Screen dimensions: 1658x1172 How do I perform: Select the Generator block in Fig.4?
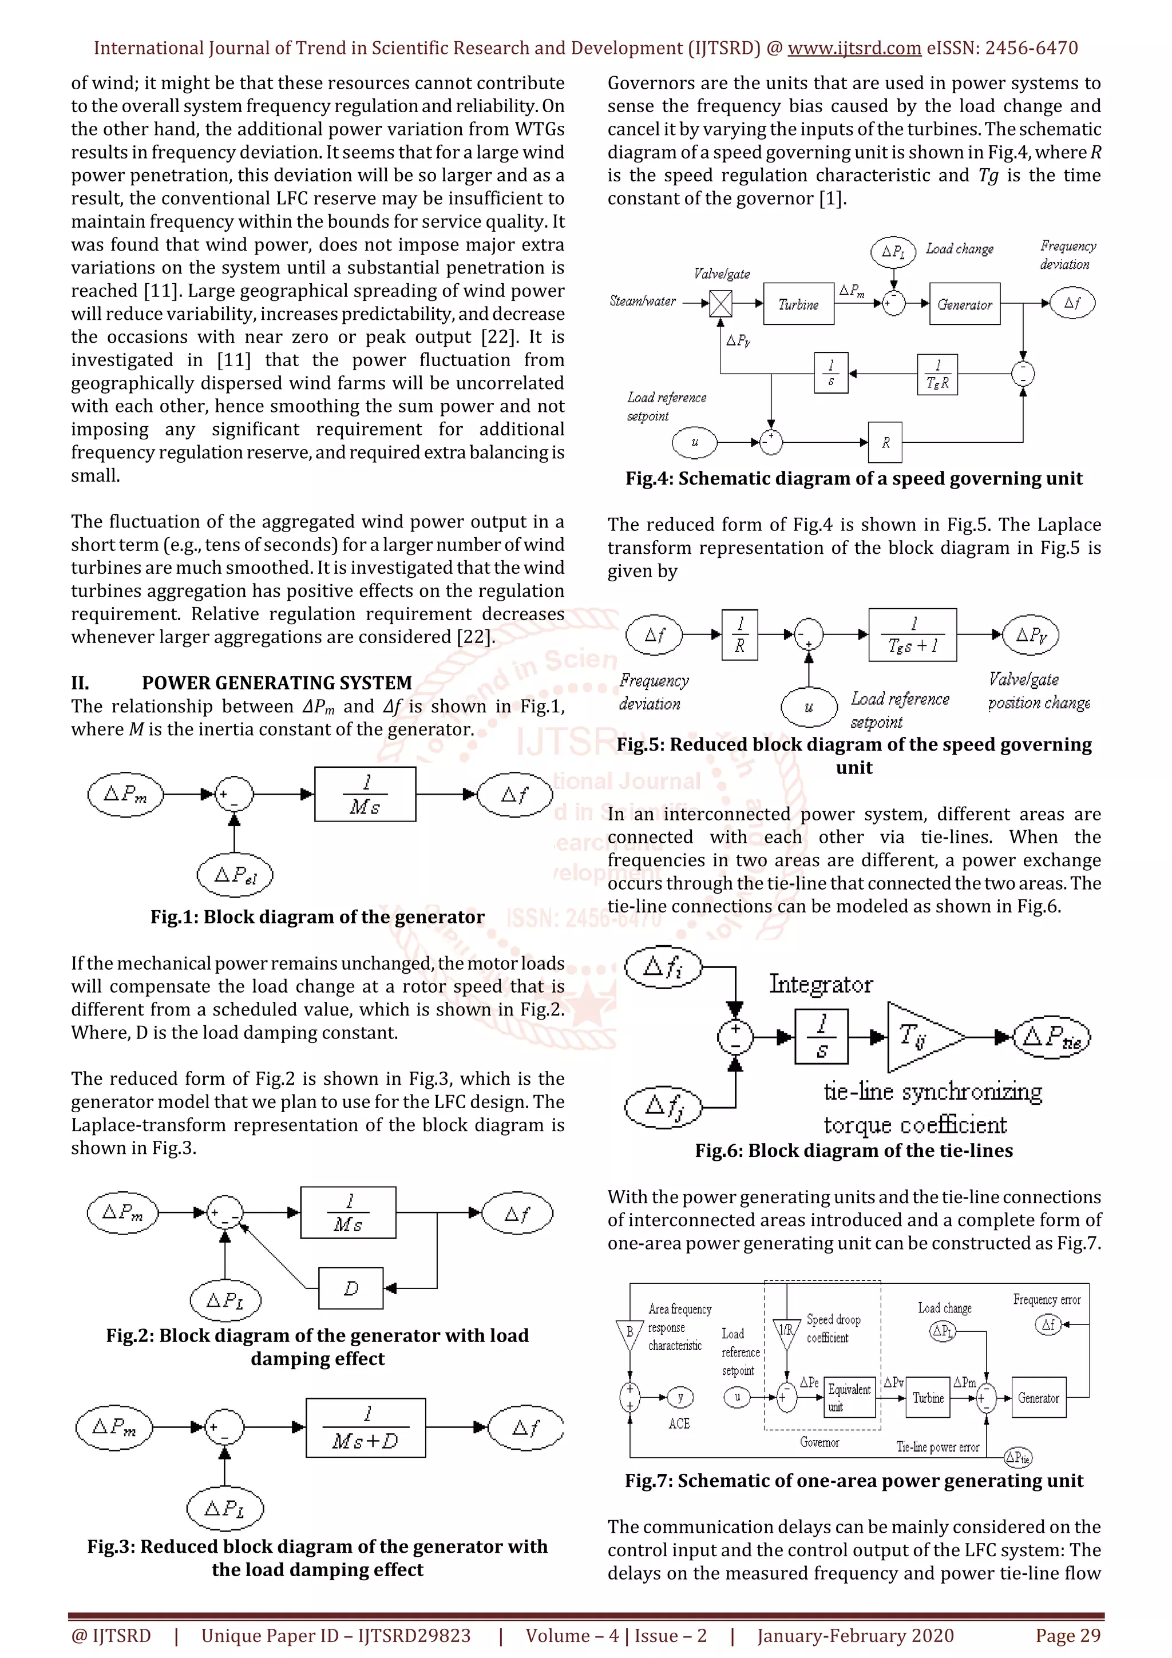965,304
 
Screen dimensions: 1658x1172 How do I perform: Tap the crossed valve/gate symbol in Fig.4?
720,303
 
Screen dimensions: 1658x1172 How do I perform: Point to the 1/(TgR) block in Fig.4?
937,374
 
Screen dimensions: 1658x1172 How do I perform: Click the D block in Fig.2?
351,1287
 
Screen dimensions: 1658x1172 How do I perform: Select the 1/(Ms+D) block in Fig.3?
366,1427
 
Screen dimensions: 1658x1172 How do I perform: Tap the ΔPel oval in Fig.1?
235,875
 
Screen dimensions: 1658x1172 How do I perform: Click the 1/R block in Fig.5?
739,634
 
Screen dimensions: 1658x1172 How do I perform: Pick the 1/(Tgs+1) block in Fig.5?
912,634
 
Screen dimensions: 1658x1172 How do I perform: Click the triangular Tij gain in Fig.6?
918,1037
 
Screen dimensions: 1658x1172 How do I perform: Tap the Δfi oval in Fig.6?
663,966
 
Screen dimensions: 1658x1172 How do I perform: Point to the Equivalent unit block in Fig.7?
849,1397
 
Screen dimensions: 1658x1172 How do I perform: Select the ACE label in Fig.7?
679,1423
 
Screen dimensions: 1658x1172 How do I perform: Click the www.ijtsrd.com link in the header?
854,49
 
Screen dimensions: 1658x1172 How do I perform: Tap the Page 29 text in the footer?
1067,1636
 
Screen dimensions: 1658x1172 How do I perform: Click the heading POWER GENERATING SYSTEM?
276,683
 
